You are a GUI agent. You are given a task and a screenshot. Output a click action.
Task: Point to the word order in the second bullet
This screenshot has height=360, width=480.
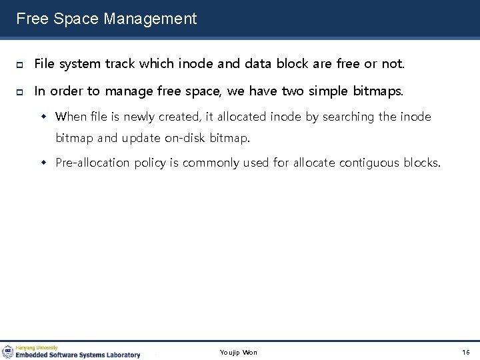click(x=67, y=91)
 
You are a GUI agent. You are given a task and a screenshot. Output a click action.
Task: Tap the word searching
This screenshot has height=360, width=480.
click(x=349, y=117)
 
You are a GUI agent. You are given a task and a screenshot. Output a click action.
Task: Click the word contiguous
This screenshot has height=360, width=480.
click(x=369, y=163)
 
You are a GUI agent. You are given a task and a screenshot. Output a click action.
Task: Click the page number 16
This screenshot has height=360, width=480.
click(x=465, y=352)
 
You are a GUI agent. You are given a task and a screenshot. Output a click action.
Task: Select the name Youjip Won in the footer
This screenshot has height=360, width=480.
click(x=238, y=352)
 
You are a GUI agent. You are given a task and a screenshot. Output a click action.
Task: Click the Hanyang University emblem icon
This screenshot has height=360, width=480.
click(x=7, y=352)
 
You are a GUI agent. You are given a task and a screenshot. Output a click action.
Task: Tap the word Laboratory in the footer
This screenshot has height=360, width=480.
click(x=121, y=355)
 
